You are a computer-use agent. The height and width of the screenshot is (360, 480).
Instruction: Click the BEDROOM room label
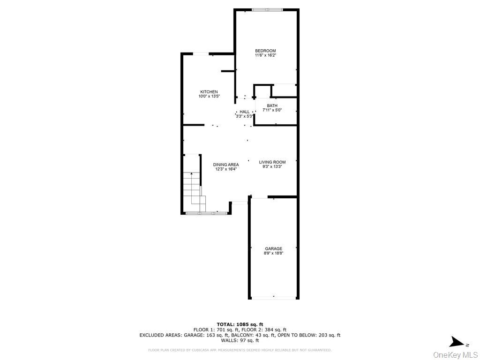pos(265,51)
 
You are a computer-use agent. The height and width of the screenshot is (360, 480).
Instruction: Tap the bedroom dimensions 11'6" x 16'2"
pos(265,55)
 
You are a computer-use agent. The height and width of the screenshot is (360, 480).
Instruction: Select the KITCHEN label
pos(209,92)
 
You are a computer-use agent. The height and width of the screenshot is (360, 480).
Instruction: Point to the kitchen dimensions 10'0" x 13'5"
pos(209,97)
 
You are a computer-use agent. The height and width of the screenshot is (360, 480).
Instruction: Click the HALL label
pos(245,112)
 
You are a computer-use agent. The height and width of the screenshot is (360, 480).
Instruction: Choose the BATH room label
pos(272,105)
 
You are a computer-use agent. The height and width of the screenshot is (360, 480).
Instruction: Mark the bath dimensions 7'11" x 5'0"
pos(272,110)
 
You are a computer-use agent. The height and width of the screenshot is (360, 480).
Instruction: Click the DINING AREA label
pos(226,165)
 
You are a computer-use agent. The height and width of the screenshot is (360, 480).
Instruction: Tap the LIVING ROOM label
pos(272,162)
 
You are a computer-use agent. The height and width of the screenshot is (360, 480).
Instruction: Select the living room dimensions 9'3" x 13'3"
pos(272,167)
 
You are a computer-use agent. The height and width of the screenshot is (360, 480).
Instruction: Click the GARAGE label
pos(273,249)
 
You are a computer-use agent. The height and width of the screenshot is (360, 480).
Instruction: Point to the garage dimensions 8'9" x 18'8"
pos(273,254)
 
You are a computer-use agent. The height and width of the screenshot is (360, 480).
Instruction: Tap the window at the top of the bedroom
pos(267,10)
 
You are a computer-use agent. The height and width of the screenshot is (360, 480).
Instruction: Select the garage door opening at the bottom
pos(274,298)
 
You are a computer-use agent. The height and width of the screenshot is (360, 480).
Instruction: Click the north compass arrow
pos(456,342)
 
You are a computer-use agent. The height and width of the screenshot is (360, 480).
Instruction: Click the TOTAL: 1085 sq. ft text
pos(240,324)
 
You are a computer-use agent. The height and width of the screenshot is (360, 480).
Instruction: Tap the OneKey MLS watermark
pos(455,354)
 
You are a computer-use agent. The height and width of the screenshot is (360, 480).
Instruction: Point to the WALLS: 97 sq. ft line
pos(240,341)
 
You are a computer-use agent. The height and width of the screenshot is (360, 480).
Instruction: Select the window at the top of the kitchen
pos(201,54)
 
